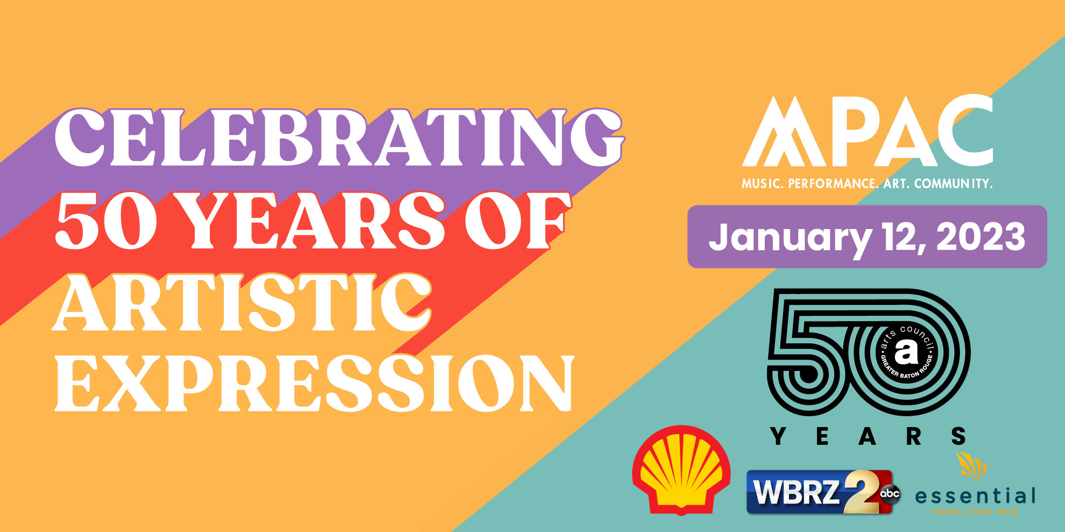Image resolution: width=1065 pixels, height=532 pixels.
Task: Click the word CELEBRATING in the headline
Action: point(338,138)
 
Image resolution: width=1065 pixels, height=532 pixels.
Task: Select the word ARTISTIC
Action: point(242,303)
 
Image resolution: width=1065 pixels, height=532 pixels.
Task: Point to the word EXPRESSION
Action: point(313,384)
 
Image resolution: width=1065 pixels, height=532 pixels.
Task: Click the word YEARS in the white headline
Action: point(316,222)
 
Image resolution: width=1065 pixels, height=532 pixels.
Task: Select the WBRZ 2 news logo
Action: point(809,492)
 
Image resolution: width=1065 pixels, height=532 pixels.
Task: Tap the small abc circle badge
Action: point(889,493)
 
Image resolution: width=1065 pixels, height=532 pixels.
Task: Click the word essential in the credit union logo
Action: point(975,496)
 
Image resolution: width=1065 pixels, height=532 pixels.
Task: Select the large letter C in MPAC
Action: point(964,131)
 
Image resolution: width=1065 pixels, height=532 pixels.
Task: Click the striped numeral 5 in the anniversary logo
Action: point(809,345)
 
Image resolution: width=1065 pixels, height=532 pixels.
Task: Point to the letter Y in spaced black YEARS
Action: point(778,436)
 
